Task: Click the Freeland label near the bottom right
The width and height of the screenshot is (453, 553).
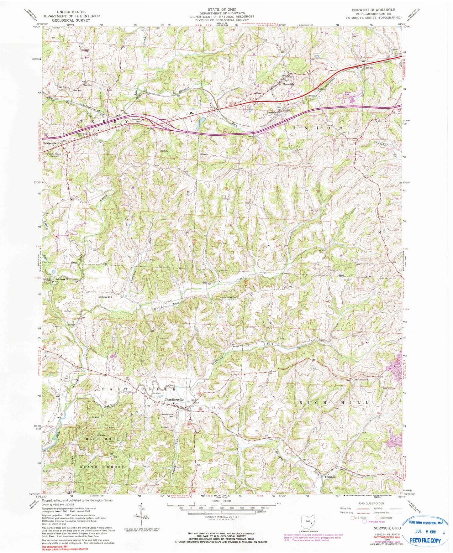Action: [330, 477]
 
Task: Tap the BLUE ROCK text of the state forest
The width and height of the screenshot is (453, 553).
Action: [102, 439]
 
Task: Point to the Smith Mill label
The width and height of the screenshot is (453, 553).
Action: [106, 296]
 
